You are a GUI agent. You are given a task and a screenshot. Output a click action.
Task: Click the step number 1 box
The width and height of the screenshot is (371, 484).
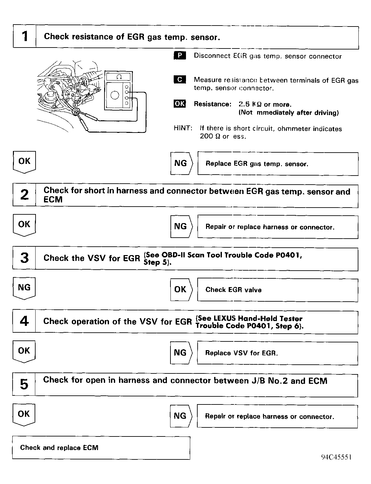[25, 37]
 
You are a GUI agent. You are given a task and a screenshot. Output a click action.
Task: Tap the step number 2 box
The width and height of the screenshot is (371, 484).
[24, 195]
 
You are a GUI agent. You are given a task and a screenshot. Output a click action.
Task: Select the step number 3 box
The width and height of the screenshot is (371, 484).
[24, 258]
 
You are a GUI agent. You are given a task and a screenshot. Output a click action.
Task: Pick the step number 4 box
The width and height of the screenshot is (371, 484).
[24, 321]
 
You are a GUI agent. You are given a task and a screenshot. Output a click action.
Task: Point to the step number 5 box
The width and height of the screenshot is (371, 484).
[24, 385]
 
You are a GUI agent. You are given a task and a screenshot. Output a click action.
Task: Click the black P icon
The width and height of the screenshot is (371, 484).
[180, 56]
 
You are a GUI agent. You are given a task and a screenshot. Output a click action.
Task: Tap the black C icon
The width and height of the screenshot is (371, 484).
[180, 80]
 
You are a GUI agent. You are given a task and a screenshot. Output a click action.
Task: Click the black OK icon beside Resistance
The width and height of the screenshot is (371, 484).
[180, 104]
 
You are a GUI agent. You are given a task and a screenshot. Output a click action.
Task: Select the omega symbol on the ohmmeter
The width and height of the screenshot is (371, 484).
[118, 77]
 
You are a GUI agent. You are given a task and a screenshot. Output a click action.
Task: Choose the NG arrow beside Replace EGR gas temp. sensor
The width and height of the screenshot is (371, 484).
[181, 164]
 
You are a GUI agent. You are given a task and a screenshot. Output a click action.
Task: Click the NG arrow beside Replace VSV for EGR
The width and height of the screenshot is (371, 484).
[181, 352]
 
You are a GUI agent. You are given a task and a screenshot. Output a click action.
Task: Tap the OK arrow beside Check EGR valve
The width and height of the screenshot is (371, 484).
[181, 290]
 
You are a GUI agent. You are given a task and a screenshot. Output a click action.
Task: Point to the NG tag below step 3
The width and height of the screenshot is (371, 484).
[24, 287]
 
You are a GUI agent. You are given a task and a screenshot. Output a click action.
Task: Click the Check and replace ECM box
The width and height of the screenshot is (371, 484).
[101, 448]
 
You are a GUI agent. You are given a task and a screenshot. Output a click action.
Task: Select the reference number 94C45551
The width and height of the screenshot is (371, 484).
[336, 457]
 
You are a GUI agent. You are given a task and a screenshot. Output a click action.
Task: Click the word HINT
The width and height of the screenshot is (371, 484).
[183, 128]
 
